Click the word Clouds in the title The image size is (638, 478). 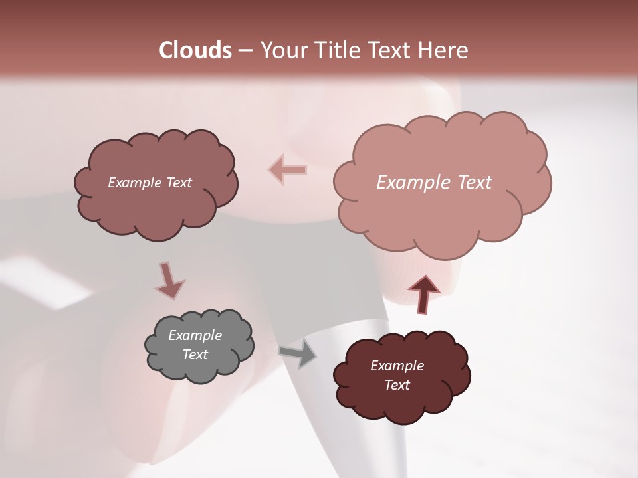click(195, 50)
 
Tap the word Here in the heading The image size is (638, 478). click(445, 50)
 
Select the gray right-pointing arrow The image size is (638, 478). click(298, 353)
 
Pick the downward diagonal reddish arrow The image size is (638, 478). click(169, 281)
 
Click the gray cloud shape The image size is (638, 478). click(199, 346)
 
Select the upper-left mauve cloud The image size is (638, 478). click(156, 183)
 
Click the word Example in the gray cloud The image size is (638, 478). click(195, 335)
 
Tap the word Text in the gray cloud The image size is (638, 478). click(195, 355)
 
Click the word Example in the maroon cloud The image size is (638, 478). click(397, 366)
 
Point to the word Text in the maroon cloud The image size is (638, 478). click(397, 385)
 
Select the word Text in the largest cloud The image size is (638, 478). click(471, 183)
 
